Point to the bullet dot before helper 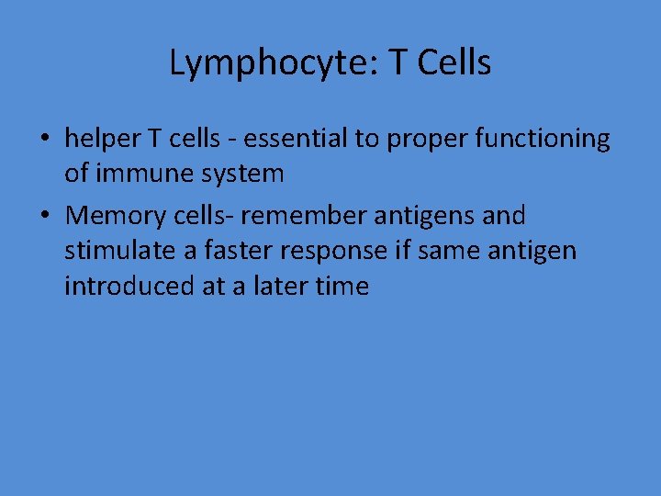pos(44,140)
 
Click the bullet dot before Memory pos(44,217)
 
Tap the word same pos(449,251)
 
